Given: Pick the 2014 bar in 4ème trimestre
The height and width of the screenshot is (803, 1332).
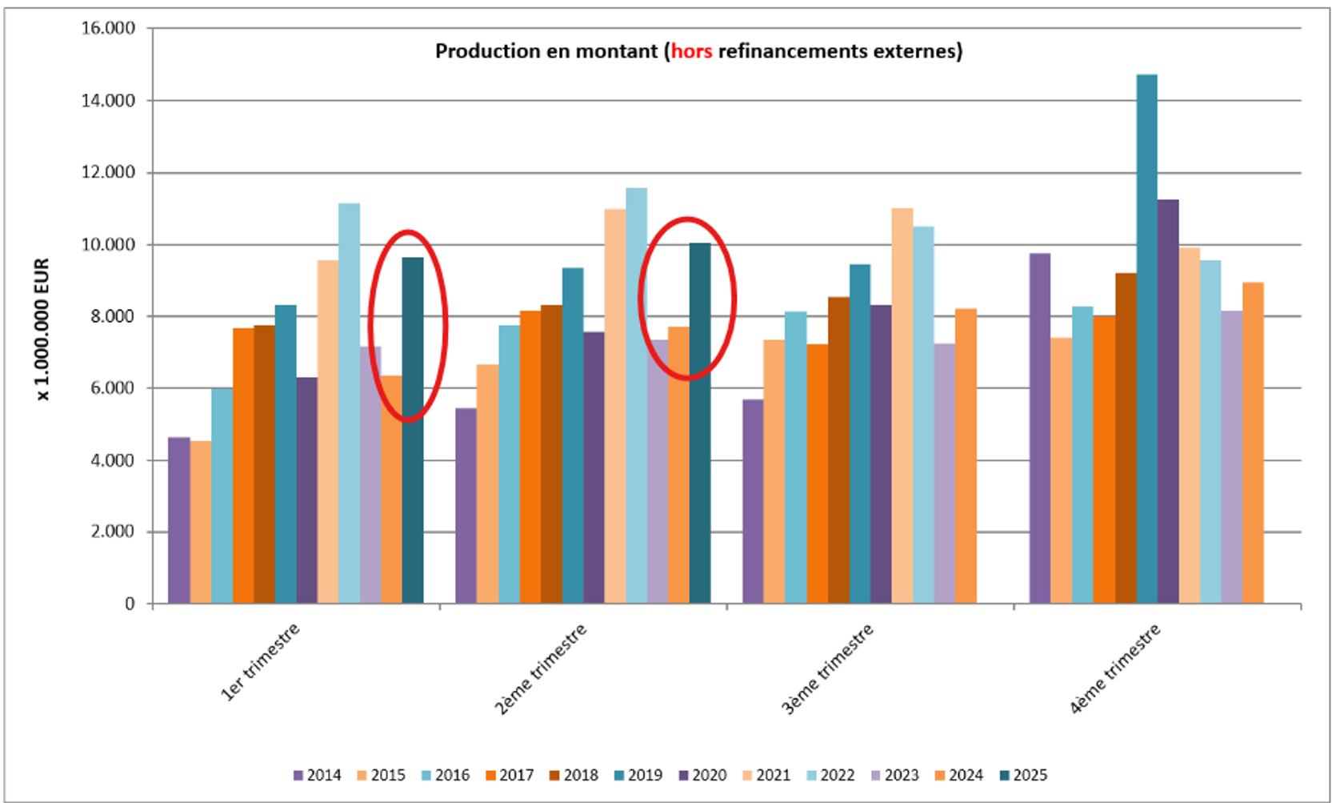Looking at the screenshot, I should pyautogui.click(x=1040, y=428).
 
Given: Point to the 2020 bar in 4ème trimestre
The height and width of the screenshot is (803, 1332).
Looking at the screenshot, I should pyautogui.click(x=1168, y=401).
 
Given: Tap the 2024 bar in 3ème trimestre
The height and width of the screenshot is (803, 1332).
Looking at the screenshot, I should pyautogui.click(x=966, y=456).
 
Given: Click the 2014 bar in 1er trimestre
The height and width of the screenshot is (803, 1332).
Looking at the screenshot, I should pyautogui.click(x=179, y=520).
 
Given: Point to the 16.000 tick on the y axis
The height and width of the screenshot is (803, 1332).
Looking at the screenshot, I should pyautogui.click(x=108, y=28).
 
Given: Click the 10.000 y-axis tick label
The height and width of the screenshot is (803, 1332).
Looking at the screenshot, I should pyautogui.click(x=108, y=244).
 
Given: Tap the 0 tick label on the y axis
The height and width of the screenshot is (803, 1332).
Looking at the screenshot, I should pyautogui.click(x=129, y=604).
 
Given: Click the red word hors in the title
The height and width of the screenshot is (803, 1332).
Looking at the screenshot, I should pyautogui.click(x=691, y=51).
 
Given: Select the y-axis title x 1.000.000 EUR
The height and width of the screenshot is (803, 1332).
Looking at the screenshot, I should pyautogui.click(x=42, y=329).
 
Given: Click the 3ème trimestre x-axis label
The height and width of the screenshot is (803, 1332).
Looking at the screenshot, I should pyautogui.click(x=828, y=668).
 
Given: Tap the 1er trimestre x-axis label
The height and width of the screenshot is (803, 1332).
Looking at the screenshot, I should pyautogui.click(x=261, y=662).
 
